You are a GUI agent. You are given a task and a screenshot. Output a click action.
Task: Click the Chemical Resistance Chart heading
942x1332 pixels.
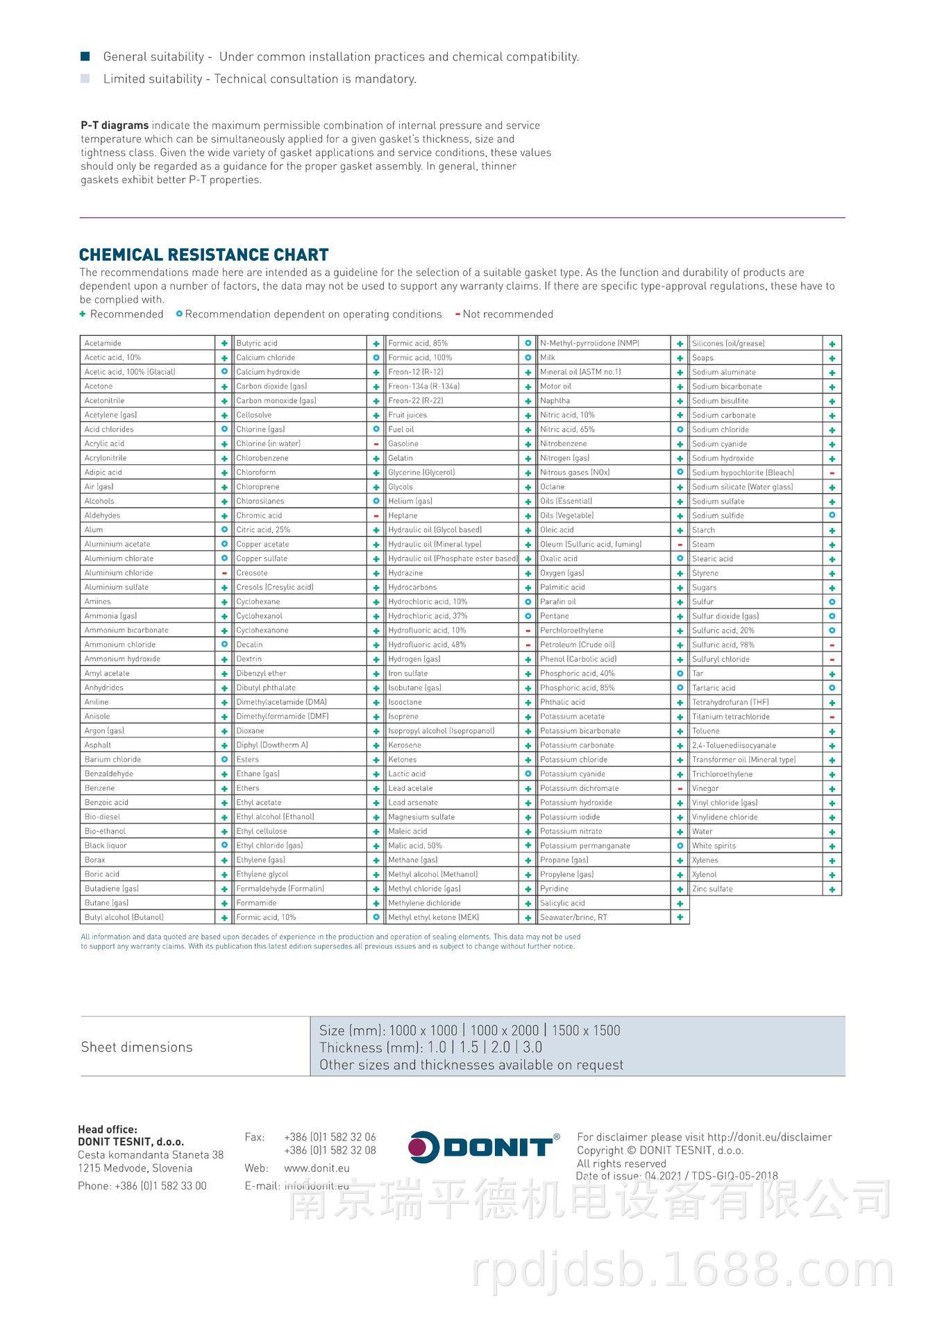click(203, 255)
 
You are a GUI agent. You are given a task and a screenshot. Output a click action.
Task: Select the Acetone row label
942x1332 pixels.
click(99, 386)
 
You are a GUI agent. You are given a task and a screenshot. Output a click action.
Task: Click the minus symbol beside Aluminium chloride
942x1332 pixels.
click(224, 573)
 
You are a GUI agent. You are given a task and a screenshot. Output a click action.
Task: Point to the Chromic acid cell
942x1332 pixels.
click(259, 515)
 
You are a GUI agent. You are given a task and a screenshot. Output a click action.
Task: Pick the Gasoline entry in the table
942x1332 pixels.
click(403, 444)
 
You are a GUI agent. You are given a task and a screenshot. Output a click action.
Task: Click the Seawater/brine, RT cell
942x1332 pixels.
click(573, 917)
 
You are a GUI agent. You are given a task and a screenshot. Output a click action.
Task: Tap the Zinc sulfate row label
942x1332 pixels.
click(712, 889)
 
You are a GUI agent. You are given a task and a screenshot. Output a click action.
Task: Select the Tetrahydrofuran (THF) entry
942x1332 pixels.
click(730, 702)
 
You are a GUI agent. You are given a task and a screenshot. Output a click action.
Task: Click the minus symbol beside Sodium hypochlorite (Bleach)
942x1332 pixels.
click(832, 473)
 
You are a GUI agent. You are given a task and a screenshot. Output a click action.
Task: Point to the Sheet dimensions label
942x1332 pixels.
click(137, 1047)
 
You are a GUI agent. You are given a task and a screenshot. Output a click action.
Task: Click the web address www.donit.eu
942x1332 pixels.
click(317, 1168)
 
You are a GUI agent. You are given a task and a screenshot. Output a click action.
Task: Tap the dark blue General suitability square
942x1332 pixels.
click(85, 56)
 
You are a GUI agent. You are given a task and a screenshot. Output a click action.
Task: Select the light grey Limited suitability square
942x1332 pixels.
click(85, 78)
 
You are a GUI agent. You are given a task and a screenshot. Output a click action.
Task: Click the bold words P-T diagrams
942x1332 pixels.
click(115, 126)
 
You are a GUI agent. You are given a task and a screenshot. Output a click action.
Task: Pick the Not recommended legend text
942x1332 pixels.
click(507, 314)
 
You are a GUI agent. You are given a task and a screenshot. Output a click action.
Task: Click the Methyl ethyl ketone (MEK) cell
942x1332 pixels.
click(433, 917)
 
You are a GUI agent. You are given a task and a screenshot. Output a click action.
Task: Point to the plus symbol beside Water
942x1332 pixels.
click(832, 832)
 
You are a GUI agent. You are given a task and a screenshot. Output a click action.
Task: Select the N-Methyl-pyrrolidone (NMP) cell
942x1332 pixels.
click(589, 343)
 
